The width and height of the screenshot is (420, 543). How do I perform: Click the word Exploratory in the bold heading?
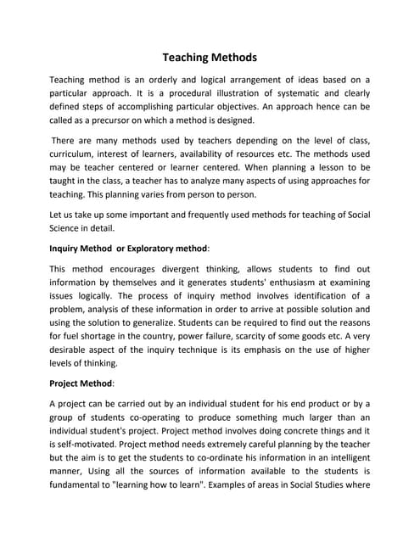pos(154,248)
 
